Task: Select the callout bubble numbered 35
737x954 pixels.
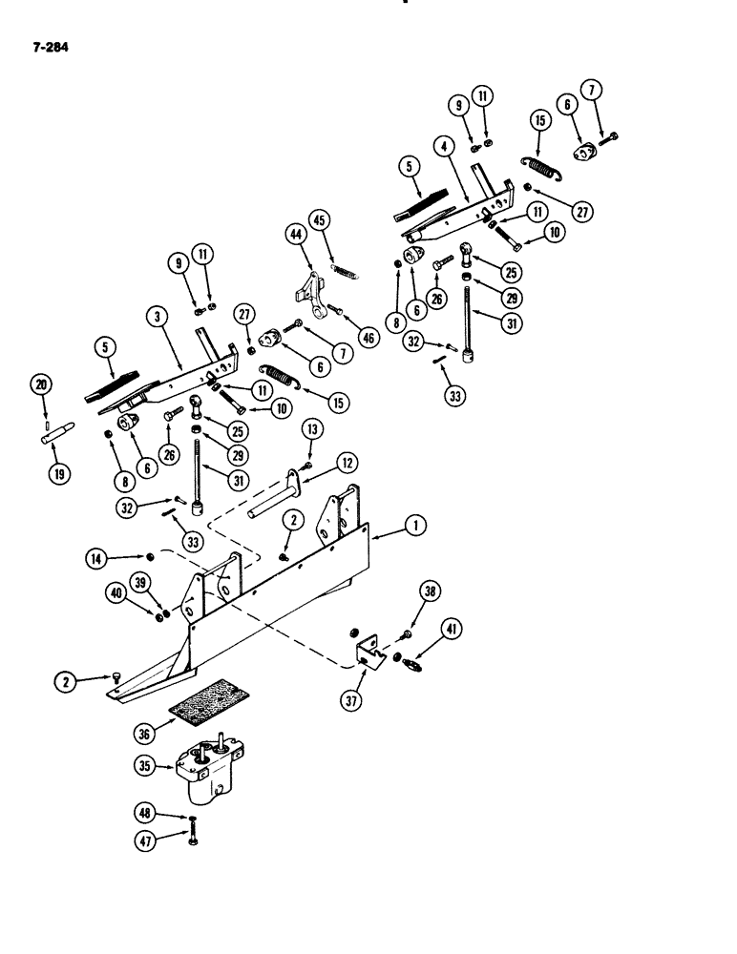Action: tap(146, 765)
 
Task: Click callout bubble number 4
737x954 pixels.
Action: tap(443, 147)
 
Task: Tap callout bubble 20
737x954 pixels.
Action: tap(39, 384)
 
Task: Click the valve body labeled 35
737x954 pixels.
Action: tap(207, 774)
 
